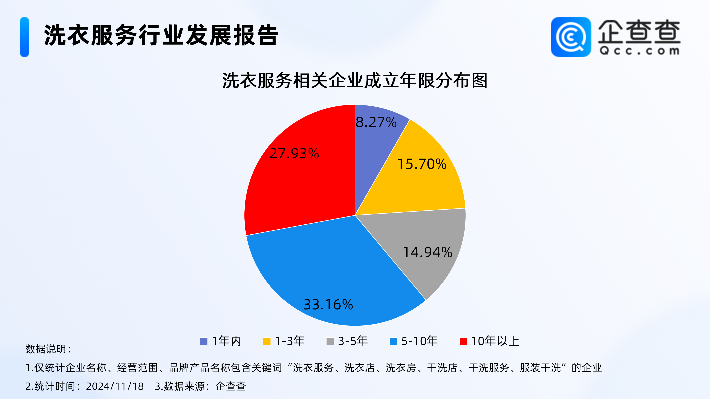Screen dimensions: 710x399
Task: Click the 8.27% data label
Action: (376, 122)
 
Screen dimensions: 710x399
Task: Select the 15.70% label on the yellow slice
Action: (422, 164)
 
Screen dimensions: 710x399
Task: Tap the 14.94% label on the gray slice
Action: (427, 252)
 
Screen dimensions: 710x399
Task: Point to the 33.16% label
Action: (328, 305)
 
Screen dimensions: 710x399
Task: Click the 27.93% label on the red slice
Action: (294, 153)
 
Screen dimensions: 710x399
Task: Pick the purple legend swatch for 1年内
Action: (204, 341)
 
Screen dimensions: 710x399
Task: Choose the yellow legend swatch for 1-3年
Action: (267, 341)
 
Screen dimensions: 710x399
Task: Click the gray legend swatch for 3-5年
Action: (330, 341)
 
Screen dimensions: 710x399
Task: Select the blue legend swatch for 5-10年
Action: (393, 341)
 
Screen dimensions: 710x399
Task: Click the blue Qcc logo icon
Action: (571, 37)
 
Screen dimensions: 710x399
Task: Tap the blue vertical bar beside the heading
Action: (25, 37)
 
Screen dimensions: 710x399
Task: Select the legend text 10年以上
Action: (495, 341)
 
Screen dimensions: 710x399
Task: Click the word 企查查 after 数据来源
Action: (230, 386)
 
